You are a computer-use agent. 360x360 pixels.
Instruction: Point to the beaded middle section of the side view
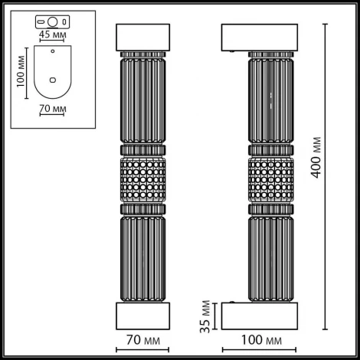click(270, 182)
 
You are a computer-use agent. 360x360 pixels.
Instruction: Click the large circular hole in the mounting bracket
click(53, 21)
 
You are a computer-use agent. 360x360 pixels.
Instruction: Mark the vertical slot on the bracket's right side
click(65, 21)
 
